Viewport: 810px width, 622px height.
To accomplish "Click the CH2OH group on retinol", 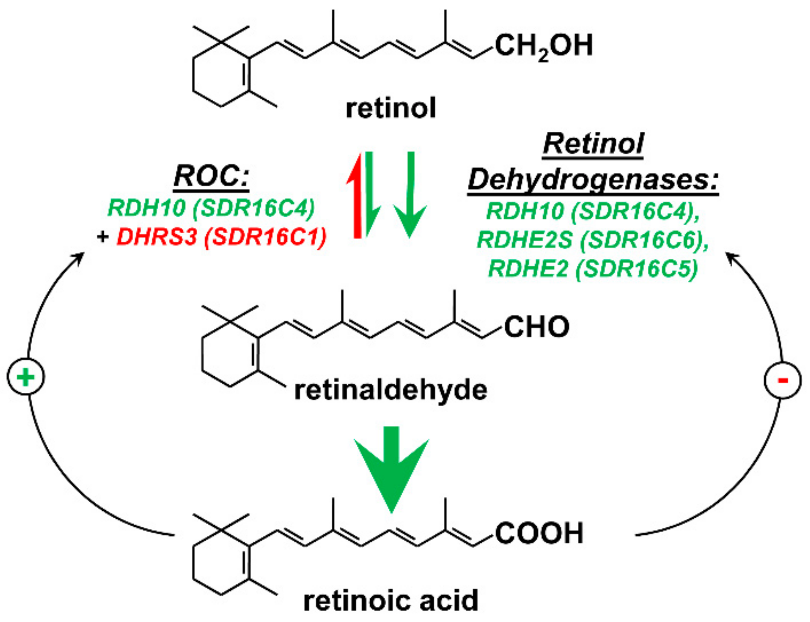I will (x=544, y=46).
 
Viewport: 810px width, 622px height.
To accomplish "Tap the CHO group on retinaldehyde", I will (x=537, y=327).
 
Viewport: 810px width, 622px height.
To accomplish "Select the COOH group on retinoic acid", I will (x=539, y=533).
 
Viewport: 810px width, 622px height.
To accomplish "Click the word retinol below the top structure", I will (x=391, y=109).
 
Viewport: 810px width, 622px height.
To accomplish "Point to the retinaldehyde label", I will (x=391, y=390).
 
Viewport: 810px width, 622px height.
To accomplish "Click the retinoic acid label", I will (x=391, y=601).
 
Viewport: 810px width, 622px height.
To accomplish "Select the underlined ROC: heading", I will (x=211, y=176).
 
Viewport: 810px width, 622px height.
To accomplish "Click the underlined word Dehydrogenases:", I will (x=593, y=181).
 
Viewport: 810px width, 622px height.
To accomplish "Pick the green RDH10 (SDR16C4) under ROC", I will (x=211, y=208).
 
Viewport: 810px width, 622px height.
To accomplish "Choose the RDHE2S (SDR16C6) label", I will (x=593, y=240).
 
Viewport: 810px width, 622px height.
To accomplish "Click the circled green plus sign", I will (x=25, y=377).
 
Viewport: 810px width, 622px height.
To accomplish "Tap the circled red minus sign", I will (x=782, y=380).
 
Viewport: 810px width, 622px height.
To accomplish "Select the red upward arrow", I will (x=357, y=197).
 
